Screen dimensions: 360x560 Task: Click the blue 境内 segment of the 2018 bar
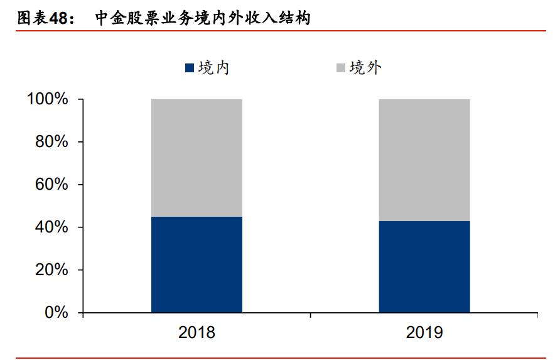pyautogui.click(x=197, y=265)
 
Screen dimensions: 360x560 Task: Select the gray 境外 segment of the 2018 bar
pyautogui.click(x=197, y=158)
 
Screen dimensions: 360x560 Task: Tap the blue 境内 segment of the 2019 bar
pyautogui.click(x=424, y=266)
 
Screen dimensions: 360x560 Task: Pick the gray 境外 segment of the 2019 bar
pyautogui.click(x=424, y=160)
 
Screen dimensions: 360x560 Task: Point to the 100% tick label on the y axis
pyautogui.click(x=47, y=99)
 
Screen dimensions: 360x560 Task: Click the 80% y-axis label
pyautogui.click(x=51, y=142)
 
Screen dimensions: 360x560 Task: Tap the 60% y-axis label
pyautogui.click(x=51, y=185)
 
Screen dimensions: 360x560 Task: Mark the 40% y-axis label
pyautogui.click(x=51, y=227)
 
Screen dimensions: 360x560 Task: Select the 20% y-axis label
pyautogui.click(x=51, y=270)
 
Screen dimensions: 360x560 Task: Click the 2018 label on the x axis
pyautogui.click(x=197, y=332)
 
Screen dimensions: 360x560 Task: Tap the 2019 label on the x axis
pyautogui.click(x=424, y=332)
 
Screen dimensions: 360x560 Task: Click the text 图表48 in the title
pyautogui.click(x=41, y=18)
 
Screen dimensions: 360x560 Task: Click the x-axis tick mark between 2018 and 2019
pyautogui.click(x=311, y=315)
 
